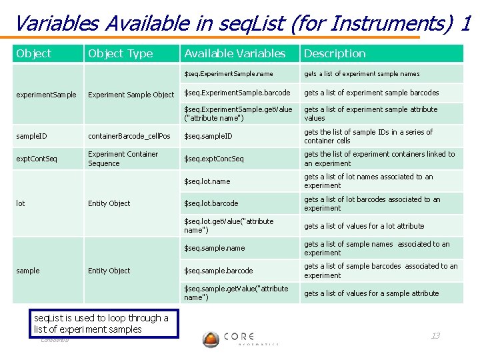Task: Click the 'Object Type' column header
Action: pos(121,53)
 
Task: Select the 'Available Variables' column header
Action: pos(235,53)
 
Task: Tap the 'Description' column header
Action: pos(335,53)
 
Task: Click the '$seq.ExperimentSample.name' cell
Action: pos(229,74)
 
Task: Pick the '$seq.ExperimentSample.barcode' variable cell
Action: pos(237,93)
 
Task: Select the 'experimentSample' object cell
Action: pos(47,95)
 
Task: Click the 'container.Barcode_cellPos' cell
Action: pos(129,137)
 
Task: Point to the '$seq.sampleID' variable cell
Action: pos(209,137)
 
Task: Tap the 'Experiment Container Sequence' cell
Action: pos(123,159)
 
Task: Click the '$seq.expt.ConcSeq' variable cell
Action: pos(214,159)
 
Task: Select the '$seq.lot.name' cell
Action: pos(207,181)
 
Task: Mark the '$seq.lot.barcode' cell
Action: pos(211,203)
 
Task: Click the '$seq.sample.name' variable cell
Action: pos(215,248)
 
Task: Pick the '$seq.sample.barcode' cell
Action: pos(219,271)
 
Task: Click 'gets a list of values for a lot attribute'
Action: pos(364,226)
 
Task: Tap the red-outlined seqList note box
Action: pos(105,323)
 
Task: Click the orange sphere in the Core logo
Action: pos(211,339)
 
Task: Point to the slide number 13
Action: pos(435,335)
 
